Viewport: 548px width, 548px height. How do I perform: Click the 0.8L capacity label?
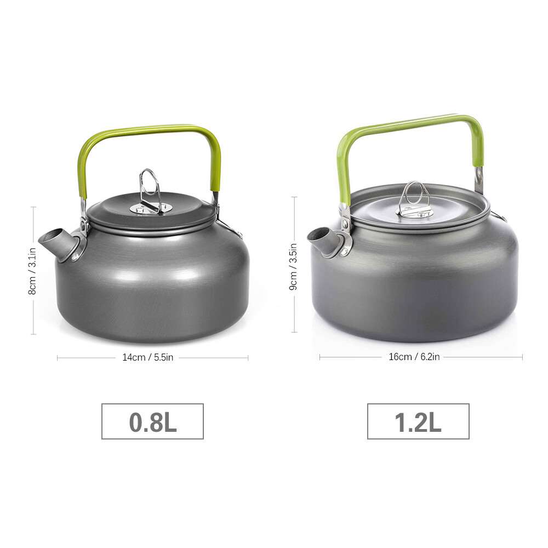coord(153,422)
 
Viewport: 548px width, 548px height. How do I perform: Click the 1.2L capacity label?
coord(418,422)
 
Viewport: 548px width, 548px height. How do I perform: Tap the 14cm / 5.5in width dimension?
coord(148,357)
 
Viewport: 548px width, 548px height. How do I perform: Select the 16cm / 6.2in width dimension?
coord(414,357)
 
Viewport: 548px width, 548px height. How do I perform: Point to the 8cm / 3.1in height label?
coord(32,271)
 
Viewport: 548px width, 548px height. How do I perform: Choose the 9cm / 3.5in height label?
coord(293,267)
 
